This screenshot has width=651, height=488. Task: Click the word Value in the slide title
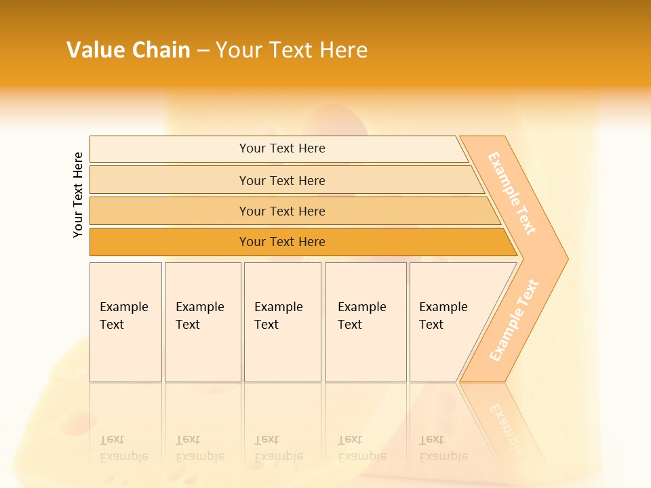(x=93, y=49)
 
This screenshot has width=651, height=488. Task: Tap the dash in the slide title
(x=203, y=50)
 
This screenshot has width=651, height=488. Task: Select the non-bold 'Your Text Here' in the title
(x=292, y=49)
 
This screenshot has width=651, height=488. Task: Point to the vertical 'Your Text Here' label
(x=78, y=195)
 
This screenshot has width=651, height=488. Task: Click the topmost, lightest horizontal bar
(x=282, y=148)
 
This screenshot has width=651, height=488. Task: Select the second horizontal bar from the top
(x=282, y=180)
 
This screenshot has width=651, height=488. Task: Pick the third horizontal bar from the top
(x=282, y=211)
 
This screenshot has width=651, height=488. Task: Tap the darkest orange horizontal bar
(x=282, y=242)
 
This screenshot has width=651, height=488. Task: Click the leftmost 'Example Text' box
(x=125, y=321)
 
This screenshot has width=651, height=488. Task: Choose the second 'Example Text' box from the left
(x=203, y=321)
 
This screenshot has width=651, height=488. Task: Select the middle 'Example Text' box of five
(x=282, y=321)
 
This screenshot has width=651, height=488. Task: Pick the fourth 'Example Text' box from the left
(x=366, y=321)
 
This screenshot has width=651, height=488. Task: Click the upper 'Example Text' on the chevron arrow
(x=512, y=193)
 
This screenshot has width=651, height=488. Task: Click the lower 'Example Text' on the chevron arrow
(x=514, y=320)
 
